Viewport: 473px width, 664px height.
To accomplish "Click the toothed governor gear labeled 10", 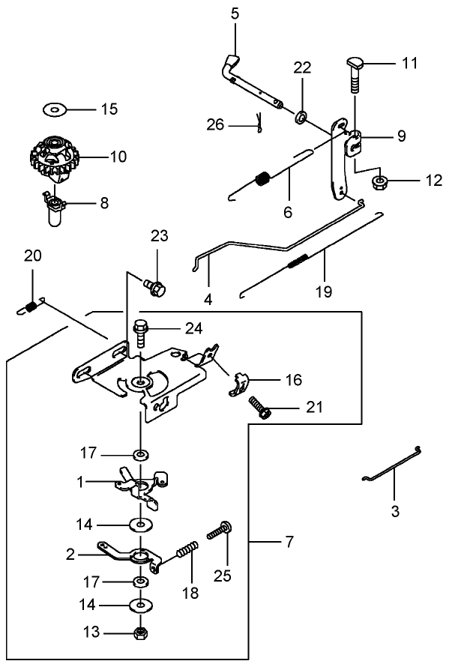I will (x=52, y=158).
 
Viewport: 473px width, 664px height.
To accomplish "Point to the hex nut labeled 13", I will (x=139, y=633).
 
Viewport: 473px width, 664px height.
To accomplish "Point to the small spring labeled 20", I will (x=30, y=306).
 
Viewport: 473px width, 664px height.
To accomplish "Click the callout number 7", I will (x=289, y=540).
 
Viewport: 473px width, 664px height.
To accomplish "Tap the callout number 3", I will (x=395, y=513).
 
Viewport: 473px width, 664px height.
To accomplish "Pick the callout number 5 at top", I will (x=235, y=14).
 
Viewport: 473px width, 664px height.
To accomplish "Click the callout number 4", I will (x=208, y=299).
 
